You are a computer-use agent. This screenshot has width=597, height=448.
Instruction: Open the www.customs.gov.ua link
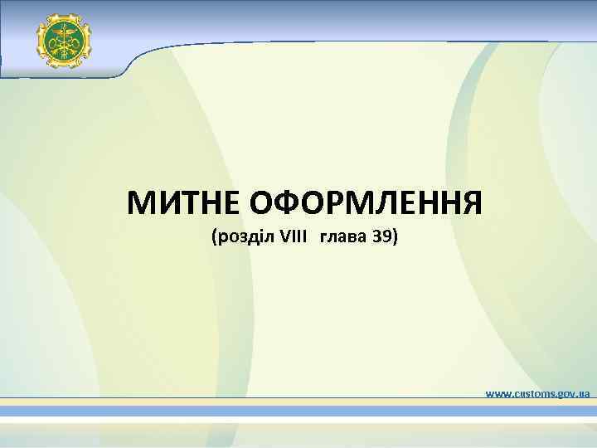(537, 392)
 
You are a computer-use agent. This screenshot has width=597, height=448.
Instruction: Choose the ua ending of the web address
(584, 392)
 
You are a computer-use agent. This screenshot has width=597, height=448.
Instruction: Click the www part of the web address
(498, 392)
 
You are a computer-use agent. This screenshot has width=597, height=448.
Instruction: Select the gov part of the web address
(567, 392)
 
